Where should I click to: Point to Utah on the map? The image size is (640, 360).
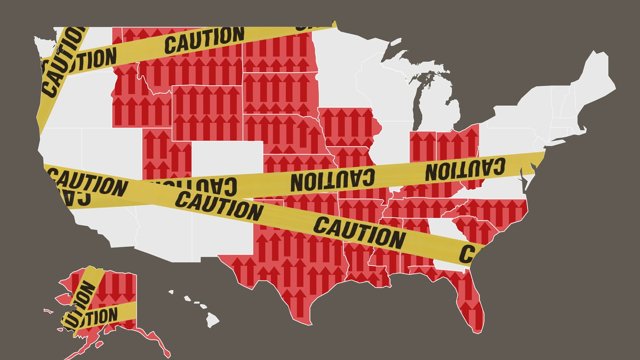click(x=165, y=155)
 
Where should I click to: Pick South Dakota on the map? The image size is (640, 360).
click(x=277, y=93)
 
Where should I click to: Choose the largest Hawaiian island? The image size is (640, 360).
click(x=212, y=320)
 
